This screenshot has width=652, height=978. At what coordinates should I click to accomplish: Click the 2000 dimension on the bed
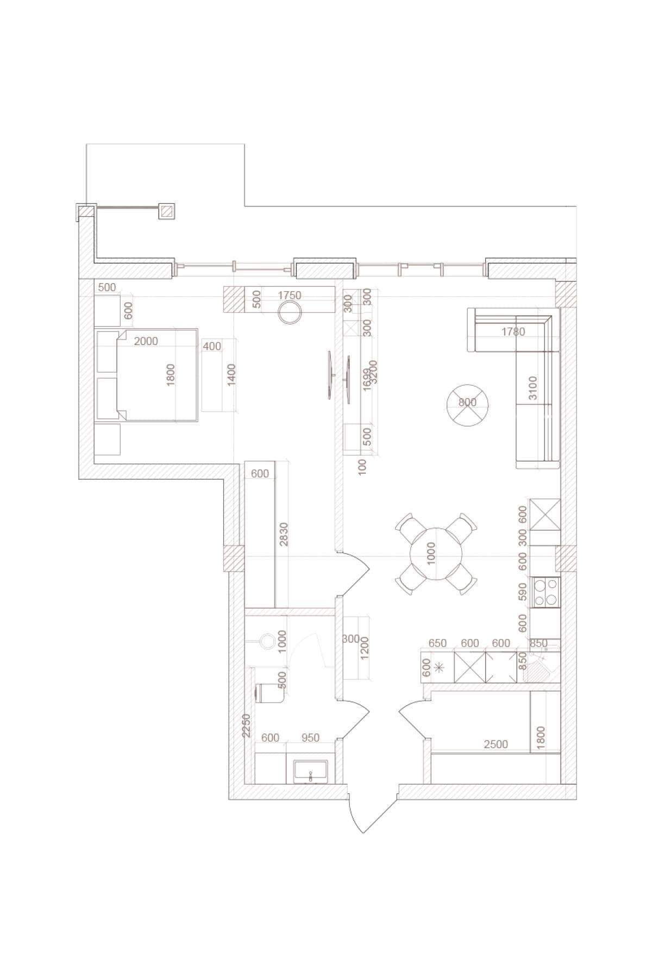(x=146, y=341)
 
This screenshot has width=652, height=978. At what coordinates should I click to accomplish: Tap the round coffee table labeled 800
(x=467, y=403)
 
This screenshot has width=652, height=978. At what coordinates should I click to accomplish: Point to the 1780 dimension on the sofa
(x=513, y=331)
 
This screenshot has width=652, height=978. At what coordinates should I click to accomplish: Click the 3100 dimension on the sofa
(x=532, y=387)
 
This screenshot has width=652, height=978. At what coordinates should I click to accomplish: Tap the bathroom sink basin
(x=311, y=772)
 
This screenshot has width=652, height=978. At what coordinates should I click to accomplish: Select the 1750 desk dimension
(x=289, y=296)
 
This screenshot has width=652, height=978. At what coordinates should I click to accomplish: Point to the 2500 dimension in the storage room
(x=496, y=744)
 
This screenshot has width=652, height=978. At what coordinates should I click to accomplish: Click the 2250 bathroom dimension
(x=246, y=725)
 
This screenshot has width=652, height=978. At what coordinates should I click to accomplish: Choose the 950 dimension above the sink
(x=310, y=738)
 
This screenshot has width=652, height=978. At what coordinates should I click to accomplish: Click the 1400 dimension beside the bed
(x=232, y=374)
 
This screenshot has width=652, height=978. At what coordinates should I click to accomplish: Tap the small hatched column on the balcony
(x=167, y=211)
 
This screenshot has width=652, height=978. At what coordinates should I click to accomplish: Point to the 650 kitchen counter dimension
(x=437, y=643)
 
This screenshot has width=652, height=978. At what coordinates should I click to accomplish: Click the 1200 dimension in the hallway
(x=364, y=648)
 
